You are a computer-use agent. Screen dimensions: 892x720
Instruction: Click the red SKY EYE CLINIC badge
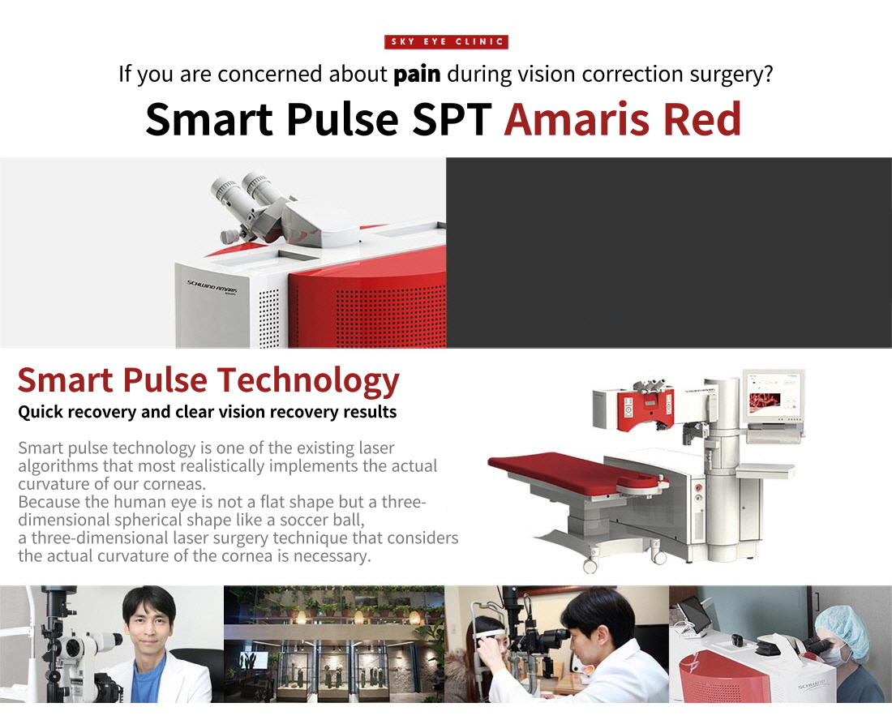(x=446, y=41)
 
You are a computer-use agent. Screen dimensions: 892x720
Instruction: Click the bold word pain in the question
(x=417, y=74)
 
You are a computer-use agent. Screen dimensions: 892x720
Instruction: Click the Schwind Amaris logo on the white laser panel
(x=212, y=287)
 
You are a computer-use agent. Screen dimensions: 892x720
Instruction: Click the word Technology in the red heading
(x=308, y=381)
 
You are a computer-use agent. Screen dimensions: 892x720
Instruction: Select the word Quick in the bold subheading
(x=41, y=412)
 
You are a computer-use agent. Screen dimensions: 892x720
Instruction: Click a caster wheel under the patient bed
(x=590, y=565)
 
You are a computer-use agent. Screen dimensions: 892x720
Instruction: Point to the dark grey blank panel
(x=669, y=252)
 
